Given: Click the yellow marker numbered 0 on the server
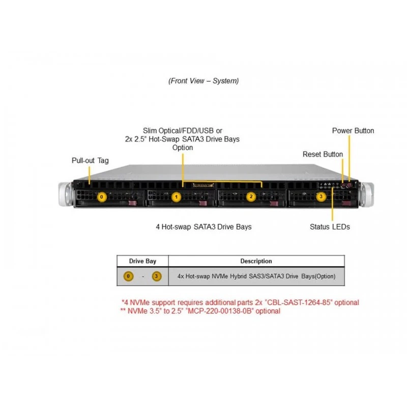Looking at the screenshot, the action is (x=101, y=197).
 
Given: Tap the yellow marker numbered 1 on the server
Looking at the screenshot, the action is (x=177, y=197).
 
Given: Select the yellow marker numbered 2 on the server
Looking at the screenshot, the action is (x=251, y=196).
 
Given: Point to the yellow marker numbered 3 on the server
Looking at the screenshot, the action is (x=321, y=196).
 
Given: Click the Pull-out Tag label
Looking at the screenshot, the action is (x=90, y=160).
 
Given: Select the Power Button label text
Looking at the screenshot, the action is (x=353, y=131).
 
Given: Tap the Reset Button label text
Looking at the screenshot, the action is (x=323, y=154).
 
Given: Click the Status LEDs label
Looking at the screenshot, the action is (x=330, y=226).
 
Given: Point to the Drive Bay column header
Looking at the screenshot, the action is (x=142, y=261).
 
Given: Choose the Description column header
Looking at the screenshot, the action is (x=256, y=261).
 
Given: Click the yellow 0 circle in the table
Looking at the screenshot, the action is (x=128, y=276).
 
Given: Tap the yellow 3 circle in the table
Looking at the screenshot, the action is (x=157, y=276).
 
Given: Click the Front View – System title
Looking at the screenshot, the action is (x=203, y=81).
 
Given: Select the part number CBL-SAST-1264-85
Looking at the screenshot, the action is (x=299, y=302).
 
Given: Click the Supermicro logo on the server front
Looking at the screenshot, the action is (x=203, y=185).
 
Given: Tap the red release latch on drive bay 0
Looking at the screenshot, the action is (x=133, y=203).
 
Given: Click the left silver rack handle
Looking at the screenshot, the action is (x=65, y=194).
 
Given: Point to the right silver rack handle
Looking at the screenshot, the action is (x=367, y=194).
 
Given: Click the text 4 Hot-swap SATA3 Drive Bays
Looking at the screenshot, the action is (x=203, y=227).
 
